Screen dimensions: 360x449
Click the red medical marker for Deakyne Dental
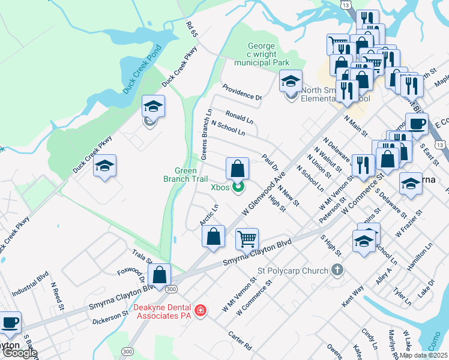pos(200,311)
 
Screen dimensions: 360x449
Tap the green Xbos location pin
pos(238,188)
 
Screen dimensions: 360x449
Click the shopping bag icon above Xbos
pos(238,167)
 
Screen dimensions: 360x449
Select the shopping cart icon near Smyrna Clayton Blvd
pos(247,239)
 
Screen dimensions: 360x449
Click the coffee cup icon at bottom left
pos(10,322)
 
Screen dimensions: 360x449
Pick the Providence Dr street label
pos(243,92)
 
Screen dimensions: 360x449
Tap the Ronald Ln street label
pos(240,116)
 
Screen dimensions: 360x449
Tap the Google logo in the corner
pos(19,353)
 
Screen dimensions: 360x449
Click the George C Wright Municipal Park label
pos(262,55)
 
